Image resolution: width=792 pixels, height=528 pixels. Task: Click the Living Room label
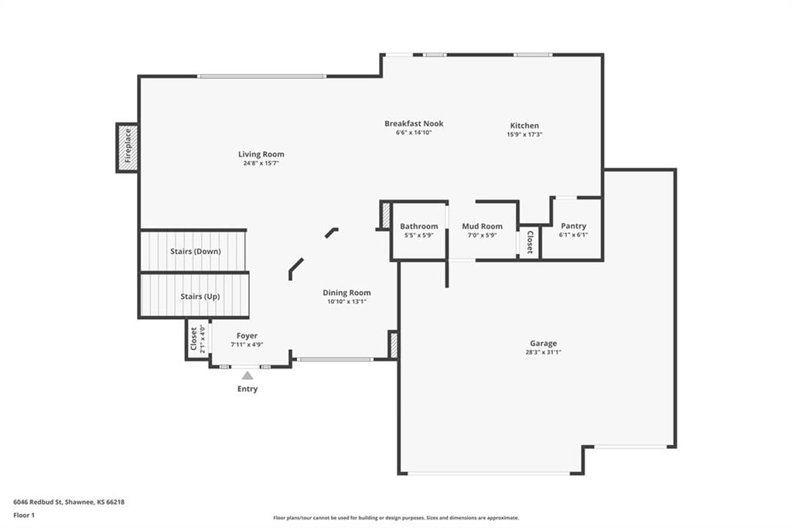(261, 154)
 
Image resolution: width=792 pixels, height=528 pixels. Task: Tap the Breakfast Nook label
(414, 123)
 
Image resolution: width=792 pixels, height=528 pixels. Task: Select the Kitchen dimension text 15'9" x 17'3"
(524, 135)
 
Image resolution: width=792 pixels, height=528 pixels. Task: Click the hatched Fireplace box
(128, 148)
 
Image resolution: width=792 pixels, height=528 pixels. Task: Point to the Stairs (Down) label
(196, 252)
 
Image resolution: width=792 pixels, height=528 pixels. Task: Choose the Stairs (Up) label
(200, 297)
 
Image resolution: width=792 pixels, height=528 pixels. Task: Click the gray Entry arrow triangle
(247, 375)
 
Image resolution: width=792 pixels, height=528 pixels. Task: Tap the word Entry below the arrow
(247, 389)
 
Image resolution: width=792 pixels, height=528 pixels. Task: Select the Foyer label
(247, 336)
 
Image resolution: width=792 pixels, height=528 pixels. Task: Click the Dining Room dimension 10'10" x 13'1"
(346, 301)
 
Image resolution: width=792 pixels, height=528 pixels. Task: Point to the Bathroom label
(418, 226)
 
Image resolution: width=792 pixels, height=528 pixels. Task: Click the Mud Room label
(483, 226)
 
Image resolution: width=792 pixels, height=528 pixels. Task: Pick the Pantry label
(573, 226)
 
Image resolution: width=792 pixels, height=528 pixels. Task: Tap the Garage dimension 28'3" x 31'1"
(544, 352)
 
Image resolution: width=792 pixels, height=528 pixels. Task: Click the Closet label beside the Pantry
(530, 242)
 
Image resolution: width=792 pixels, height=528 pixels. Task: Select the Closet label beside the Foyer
(193, 339)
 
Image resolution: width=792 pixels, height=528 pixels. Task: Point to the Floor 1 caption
(24, 516)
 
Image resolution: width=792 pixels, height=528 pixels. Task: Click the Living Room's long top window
(261, 77)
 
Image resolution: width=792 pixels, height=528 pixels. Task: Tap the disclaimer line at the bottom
(396, 518)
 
